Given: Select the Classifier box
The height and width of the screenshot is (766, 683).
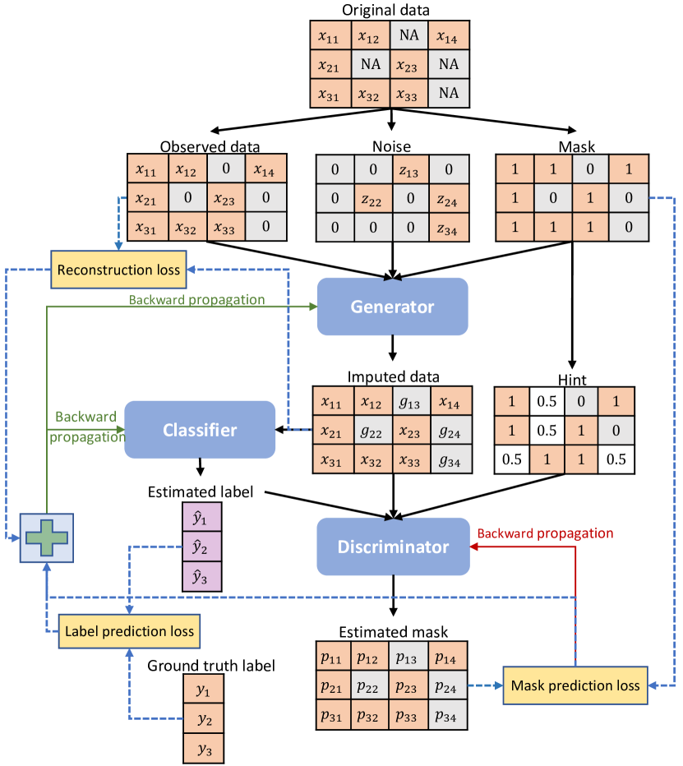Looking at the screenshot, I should [x=200, y=429].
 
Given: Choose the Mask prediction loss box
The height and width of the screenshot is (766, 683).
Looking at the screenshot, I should [x=575, y=685].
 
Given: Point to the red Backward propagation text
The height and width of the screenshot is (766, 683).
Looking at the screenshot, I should [x=546, y=533].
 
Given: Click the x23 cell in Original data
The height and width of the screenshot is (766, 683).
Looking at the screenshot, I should [x=409, y=63].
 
